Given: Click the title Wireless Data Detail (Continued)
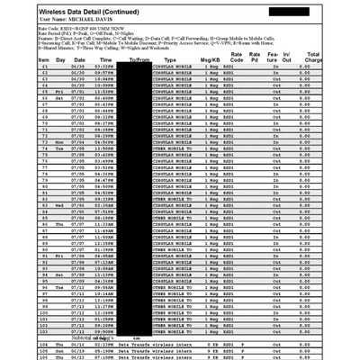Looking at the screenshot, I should coord(78,10).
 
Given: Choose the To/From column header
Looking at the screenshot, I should coord(139,58).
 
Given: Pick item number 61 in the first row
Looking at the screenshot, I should coord(45,67).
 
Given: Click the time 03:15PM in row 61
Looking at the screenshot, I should coord(103,67).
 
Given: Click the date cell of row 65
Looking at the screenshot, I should coord(78,91).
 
